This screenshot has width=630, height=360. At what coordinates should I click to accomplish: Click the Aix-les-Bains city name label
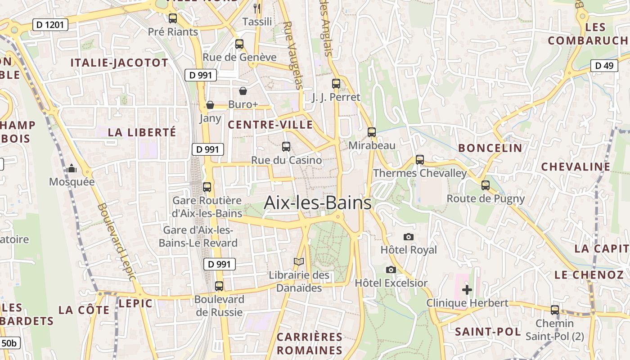(x=318, y=202)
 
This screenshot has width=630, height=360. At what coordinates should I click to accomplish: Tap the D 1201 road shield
(x=50, y=25)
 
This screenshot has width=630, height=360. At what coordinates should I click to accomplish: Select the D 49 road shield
(x=604, y=66)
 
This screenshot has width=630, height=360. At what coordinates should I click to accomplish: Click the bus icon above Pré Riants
(x=173, y=18)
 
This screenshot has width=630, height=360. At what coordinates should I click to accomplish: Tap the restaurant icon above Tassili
(x=257, y=8)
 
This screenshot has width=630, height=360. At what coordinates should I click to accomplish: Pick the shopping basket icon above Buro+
(x=243, y=91)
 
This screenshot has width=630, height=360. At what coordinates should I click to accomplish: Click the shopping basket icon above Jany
(x=210, y=105)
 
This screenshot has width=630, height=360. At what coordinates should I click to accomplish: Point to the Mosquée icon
(x=72, y=169)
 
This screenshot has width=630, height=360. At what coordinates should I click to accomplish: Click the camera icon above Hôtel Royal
(x=408, y=237)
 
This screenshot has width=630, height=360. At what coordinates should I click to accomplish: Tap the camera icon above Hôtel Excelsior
(x=391, y=270)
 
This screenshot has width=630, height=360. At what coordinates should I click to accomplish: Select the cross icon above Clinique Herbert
(x=467, y=290)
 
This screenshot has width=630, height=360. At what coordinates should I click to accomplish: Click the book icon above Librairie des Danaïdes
(x=299, y=261)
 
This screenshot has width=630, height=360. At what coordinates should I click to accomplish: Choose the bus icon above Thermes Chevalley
(x=420, y=160)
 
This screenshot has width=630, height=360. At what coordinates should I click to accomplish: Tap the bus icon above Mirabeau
(x=372, y=132)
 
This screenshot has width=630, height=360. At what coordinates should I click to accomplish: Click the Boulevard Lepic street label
(x=116, y=242)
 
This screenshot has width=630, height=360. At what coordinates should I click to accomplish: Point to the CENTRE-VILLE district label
(x=270, y=125)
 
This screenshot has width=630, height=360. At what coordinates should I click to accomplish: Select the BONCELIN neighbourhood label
(x=490, y=148)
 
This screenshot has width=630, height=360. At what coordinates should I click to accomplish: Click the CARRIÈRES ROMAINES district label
(x=310, y=343)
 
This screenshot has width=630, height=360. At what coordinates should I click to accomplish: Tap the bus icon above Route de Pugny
(x=486, y=185)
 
